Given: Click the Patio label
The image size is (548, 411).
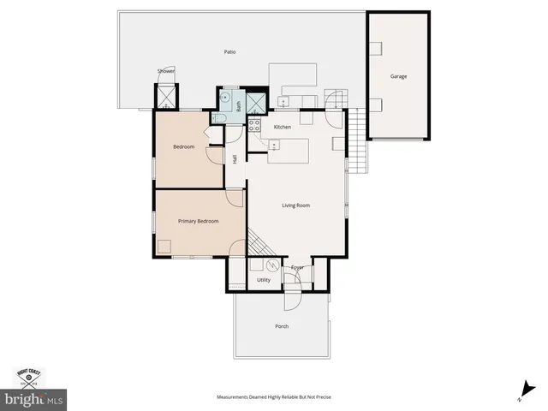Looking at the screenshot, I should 229,52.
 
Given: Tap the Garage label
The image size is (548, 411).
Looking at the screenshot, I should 398,76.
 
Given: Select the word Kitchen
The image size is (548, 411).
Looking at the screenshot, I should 283,127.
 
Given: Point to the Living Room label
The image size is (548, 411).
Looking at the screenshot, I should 296,205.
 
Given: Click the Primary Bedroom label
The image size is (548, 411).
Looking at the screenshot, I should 198,222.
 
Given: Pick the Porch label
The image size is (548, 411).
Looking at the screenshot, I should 282,326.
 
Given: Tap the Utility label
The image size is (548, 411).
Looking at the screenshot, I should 264,280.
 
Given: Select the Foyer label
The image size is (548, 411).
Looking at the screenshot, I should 297,268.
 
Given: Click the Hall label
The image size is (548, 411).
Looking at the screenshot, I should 235,159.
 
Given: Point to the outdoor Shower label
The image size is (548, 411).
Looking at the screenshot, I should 165,71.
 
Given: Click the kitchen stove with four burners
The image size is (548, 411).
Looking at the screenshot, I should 254,124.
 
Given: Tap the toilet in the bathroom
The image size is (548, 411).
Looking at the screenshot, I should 219,119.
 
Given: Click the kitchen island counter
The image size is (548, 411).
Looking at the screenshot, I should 288,153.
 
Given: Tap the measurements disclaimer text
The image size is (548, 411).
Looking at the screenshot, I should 273,397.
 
